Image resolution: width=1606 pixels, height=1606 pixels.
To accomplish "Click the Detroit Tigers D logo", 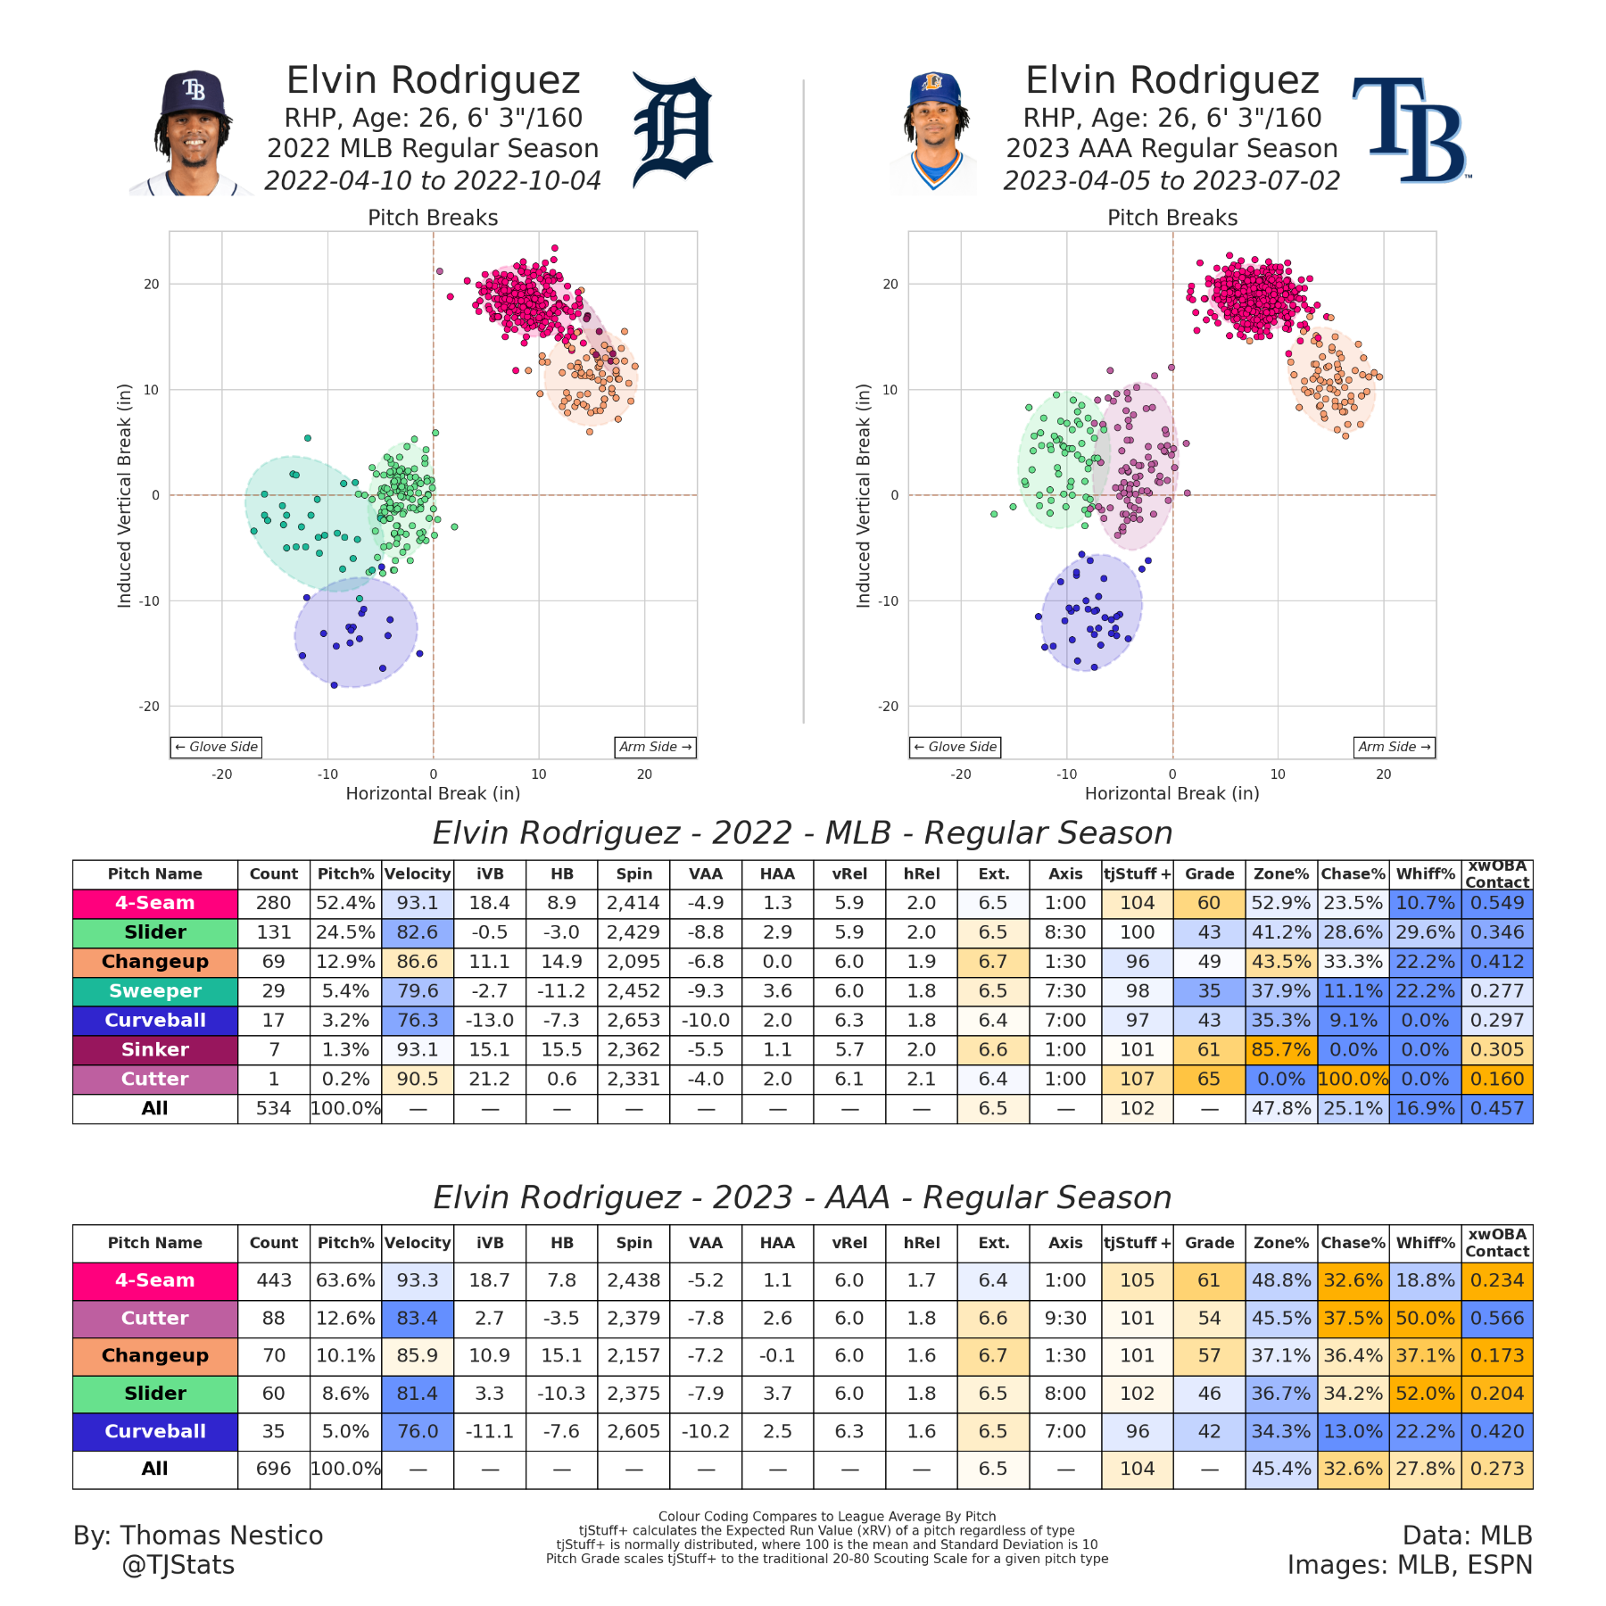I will (672, 131).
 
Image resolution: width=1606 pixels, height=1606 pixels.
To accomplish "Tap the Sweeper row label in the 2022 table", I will (155, 991).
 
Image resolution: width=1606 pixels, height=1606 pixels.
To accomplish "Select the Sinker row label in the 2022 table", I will (155, 1050).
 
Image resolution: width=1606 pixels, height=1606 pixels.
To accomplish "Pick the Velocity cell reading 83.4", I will (418, 1318).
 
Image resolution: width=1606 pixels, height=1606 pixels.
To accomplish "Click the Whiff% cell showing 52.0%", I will (1425, 1394).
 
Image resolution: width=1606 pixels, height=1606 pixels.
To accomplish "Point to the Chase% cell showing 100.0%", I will (1353, 1080).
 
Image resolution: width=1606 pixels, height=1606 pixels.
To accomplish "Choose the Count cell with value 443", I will (274, 1280).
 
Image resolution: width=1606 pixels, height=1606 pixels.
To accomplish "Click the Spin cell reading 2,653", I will (633, 1021).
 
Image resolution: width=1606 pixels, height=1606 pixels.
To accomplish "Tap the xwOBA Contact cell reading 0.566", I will (1497, 1318).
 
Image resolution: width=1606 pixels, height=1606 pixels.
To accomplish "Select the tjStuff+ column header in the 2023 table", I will (1137, 1243).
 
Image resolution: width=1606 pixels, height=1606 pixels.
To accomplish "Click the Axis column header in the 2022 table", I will (1065, 874).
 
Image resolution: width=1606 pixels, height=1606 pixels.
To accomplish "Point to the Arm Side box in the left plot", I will (655, 747).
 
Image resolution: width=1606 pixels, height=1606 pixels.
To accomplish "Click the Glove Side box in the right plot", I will (955, 747).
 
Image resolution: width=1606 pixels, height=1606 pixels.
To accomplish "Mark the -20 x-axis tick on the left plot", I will (222, 774).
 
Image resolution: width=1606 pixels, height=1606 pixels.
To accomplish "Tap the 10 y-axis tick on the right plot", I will (890, 390).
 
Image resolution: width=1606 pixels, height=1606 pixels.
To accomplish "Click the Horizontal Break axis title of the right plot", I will (1171, 793).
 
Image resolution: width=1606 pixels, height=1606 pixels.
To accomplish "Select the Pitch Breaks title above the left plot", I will (433, 218).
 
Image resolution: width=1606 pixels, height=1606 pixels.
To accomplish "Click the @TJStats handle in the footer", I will (178, 1565).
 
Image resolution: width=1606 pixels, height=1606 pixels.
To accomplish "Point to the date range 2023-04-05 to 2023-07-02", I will (1171, 181).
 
